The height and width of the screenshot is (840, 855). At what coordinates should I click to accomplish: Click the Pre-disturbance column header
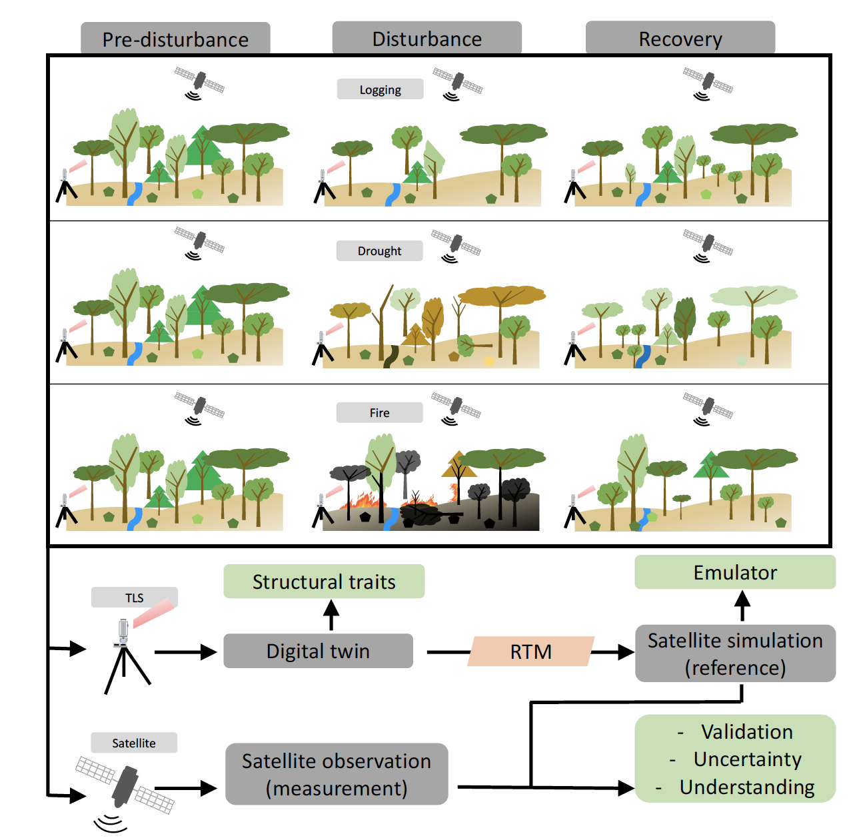(175, 39)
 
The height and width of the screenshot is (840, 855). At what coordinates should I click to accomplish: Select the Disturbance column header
(427, 38)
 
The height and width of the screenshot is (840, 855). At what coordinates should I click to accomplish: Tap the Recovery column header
(680, 38)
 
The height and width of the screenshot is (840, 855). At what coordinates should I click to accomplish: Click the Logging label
(380, 89)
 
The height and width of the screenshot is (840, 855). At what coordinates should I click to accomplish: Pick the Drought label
(379, 250)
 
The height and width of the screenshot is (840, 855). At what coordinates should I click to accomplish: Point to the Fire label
(379, 412)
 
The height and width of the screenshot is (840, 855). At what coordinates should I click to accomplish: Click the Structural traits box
(324, 582)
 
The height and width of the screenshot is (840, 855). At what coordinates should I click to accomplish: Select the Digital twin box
(318, 651)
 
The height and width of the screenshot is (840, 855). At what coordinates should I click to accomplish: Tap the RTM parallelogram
(530, 651)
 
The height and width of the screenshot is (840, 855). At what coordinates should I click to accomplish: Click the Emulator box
(735, 572)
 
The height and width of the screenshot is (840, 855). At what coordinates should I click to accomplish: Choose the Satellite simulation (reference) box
(735, 653)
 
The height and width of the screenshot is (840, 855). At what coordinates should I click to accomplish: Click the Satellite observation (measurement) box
(337, 774)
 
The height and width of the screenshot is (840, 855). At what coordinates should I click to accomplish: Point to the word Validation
(746, 731)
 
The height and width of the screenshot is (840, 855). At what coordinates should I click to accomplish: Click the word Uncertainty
(747, 759)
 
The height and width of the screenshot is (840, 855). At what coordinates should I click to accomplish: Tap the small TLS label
(135, 598)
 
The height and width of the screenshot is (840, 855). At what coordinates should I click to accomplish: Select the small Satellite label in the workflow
(134, 743)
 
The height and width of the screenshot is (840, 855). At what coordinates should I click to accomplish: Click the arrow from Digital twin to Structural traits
(331, 615)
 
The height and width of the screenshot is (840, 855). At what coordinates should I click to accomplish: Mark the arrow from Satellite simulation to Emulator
(742, 606)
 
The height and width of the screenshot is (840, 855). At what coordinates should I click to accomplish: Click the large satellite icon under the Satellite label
(125, 787)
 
